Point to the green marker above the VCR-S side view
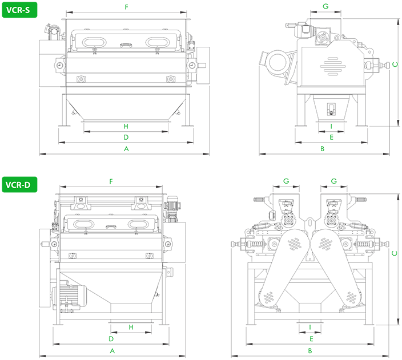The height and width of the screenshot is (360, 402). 324,5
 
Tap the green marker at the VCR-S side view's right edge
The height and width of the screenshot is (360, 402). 393,64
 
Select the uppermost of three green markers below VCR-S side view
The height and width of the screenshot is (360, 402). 331,126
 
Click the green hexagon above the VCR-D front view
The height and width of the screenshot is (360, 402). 110,175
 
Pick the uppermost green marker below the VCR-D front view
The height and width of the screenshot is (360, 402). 131,327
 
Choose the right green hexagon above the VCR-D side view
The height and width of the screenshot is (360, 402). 333,175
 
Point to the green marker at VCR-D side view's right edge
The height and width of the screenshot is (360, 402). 393,254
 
